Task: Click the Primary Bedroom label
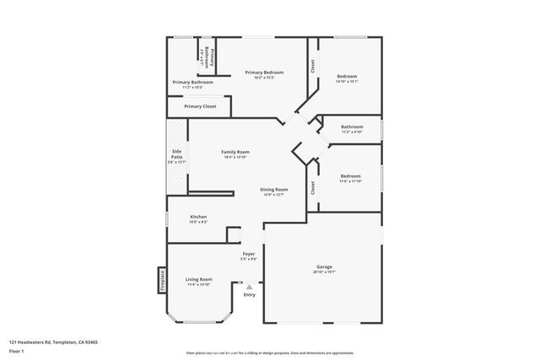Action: click(x=264, y=73)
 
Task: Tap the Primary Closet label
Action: click(x=200, y=106)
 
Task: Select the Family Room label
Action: click(x=235, y=152)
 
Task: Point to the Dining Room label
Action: click(x=273, y=190)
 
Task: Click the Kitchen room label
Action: click(x=198, y=217)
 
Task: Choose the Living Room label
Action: click(x=199, y=279)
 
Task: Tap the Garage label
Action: click(x=324, y=266)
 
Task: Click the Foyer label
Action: click(x=249, y=254)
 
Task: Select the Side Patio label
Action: click(x=177, y=154)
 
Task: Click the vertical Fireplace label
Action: click(x=161, y=280)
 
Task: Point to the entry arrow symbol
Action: click(x=250, y=287)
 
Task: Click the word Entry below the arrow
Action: click(x=250, y=294)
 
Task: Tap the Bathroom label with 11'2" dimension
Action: click(x=352, y=126)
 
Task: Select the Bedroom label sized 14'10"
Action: click(x=347, y=77)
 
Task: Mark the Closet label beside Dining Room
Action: click(x=312, y=187)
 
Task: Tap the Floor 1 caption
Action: click(x=17, y=350)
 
